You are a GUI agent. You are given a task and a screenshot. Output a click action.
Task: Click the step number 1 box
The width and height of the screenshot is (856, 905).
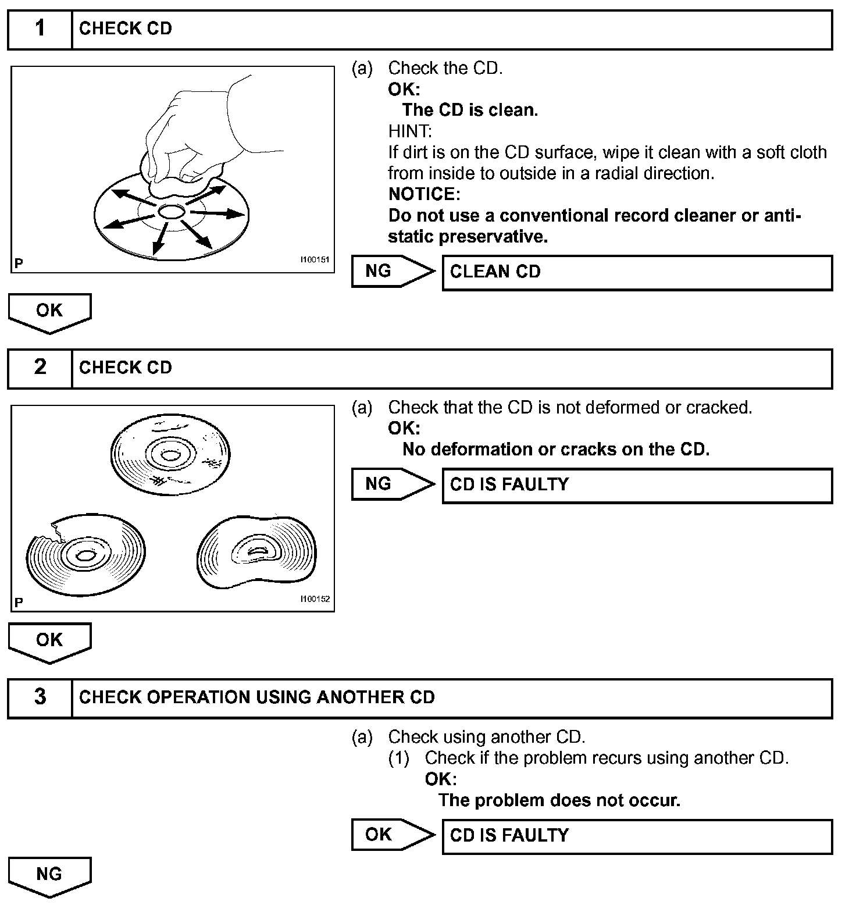40,28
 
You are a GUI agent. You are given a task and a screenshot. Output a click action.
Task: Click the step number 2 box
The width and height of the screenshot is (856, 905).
40,368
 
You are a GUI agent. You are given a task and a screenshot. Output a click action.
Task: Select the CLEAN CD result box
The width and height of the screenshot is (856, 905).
637,272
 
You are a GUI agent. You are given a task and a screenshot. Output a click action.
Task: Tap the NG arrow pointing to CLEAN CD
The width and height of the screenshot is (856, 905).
393,271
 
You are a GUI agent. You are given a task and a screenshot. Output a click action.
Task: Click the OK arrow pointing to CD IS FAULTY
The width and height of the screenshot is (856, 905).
393,835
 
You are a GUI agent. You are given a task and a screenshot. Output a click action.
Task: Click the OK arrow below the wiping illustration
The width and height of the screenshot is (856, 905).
49,312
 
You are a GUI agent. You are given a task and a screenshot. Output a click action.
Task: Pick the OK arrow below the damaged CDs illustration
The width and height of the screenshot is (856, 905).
49,642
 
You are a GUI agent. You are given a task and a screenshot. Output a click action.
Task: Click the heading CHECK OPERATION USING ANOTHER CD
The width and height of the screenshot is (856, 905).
256,697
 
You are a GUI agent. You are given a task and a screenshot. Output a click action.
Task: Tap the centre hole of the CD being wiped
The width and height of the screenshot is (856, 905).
171,212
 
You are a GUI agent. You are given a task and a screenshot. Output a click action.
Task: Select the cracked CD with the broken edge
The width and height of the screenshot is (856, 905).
85,554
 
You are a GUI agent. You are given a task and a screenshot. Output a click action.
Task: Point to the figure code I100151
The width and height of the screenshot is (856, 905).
315,260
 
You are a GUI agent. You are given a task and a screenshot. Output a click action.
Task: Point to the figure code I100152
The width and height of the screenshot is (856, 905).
315,598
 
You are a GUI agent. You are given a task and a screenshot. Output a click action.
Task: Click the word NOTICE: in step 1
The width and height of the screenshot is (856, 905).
424,194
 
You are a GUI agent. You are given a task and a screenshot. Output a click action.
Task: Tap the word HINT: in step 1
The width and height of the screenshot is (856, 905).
410,131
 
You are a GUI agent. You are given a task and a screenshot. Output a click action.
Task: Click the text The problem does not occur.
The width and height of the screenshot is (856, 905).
559,800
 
